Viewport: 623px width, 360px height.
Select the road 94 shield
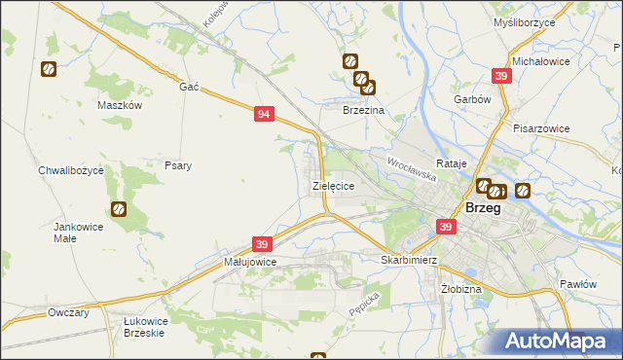click(x=263, y=114)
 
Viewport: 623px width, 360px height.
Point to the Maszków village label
click(x=121, y=105)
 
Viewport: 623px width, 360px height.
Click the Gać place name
click(x=189, y=87)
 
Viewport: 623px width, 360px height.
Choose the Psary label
click(x=177, y=165)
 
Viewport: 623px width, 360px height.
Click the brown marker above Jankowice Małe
click(x=119, y=208)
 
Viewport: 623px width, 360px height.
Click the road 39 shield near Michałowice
click(x=501, y=76)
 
